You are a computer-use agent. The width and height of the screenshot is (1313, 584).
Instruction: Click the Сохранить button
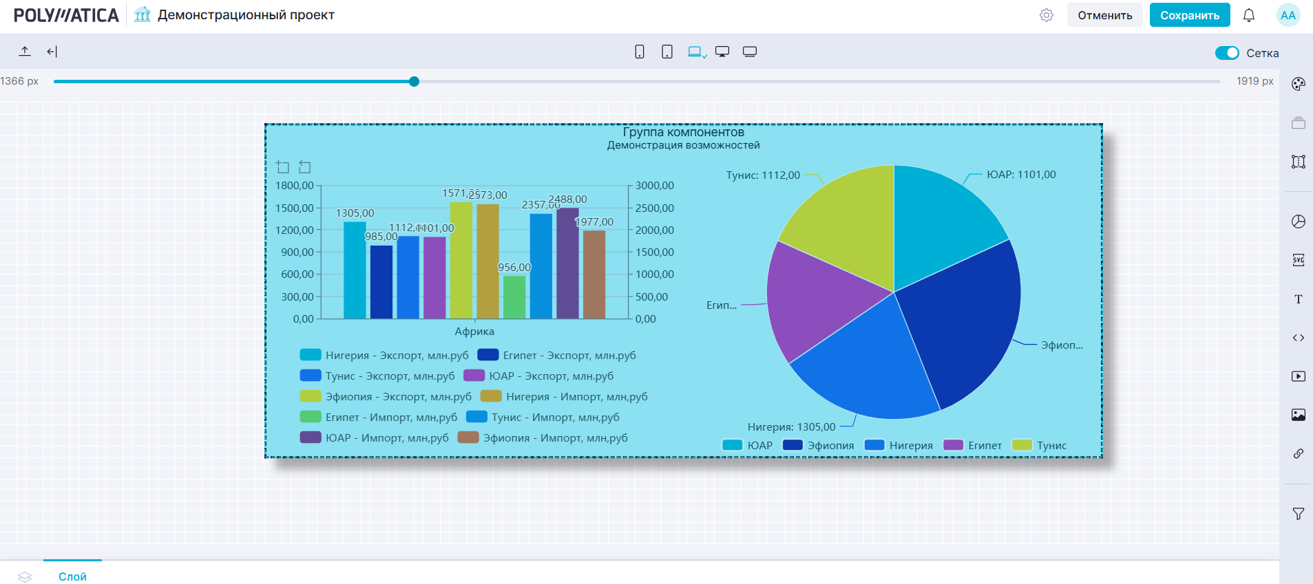(x=1189, y=15)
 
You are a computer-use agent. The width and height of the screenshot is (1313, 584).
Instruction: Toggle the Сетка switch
(x=1226, y=53)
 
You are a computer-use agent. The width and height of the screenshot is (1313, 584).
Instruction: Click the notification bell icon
(x=1248, y=15)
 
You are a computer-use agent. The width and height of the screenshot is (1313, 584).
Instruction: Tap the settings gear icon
(x=1047, y=15)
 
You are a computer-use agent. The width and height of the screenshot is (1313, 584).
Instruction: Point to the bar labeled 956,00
(x=514, y=297)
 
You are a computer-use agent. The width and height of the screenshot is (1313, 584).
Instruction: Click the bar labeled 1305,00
(x=355, y=270)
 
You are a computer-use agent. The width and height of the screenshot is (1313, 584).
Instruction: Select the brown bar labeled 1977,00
(x=594, y=274)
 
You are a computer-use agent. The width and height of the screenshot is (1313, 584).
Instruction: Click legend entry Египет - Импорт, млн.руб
(x=390, y=417)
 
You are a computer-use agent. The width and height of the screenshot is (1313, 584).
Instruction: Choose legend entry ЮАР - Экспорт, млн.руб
(x=551, y=376)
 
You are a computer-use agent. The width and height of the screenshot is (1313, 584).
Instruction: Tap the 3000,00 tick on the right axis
(x=654, y=186)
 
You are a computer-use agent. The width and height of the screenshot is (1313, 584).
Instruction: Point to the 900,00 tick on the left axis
(x=297, y=252)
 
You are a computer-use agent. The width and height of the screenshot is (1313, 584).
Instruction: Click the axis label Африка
(x=474, y=332)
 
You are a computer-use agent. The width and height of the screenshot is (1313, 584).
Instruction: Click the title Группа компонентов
(x=683, y=132)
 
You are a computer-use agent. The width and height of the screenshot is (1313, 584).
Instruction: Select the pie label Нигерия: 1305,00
(x=791, y=427)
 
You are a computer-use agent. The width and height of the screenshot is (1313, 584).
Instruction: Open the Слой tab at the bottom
(x=72, y=576)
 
